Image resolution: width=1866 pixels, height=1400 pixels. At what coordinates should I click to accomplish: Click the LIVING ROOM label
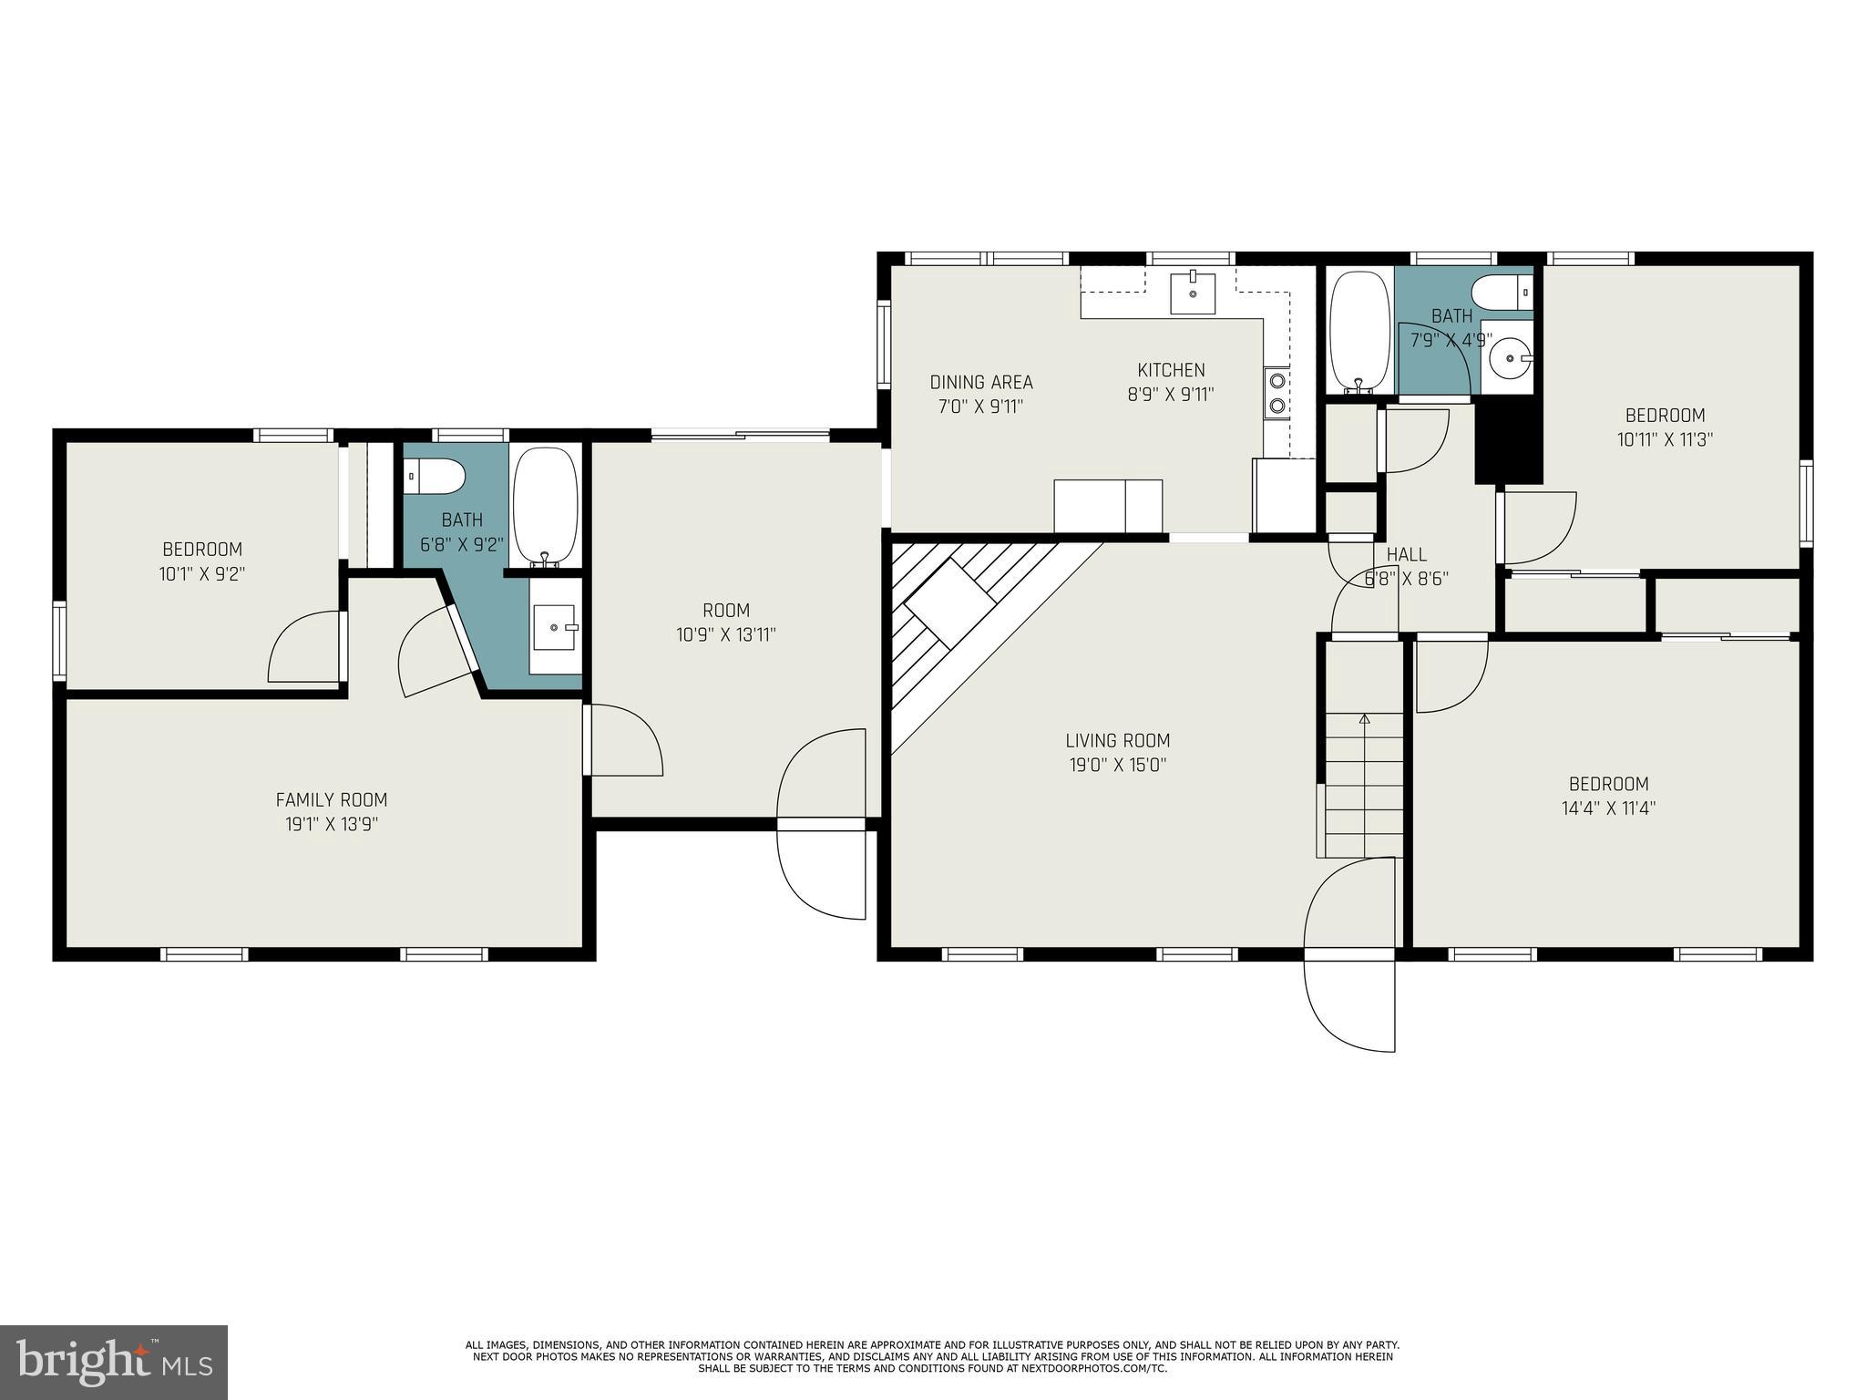(x=1118, y=741)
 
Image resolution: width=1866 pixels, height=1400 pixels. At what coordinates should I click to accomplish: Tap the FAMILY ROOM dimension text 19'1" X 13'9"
(x=332, y=824)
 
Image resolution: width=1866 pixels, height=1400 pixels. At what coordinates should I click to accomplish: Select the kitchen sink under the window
(x=1193, y=293)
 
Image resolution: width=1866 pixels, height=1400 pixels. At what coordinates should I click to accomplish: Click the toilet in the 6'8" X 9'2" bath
(x=436, y=476)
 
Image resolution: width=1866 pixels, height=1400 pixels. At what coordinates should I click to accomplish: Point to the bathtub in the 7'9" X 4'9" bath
(x=1359, y=333)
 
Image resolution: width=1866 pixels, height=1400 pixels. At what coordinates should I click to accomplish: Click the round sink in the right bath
(x=1507, y=358)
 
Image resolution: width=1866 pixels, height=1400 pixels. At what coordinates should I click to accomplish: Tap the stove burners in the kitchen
(x=1277, y=392)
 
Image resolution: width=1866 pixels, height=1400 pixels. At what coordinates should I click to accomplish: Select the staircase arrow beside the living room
(x=1364, y=720)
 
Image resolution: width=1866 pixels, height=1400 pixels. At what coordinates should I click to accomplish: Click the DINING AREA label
(x=981, y=382)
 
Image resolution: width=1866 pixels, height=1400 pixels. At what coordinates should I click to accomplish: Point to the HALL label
(x=1406, y=554)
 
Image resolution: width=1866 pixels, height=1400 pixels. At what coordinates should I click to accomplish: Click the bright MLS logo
(x=114, y=1362)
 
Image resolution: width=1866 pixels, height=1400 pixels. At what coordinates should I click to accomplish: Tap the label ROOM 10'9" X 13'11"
(x=726, y=623)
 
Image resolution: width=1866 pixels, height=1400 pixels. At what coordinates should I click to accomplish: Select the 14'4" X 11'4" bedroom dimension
(x=1608, y=808)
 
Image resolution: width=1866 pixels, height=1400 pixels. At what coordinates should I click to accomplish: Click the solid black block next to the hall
(x=1508, y=444)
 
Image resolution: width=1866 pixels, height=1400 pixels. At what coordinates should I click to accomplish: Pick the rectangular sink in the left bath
(x=554, y=627)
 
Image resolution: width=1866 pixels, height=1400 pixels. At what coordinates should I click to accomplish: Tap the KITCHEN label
(x=1171, y=370)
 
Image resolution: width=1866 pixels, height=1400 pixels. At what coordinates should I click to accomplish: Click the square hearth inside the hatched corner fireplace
(x=948, y=603)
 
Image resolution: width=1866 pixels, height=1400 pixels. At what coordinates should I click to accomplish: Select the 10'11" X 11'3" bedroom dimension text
(x=1665, y=439)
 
